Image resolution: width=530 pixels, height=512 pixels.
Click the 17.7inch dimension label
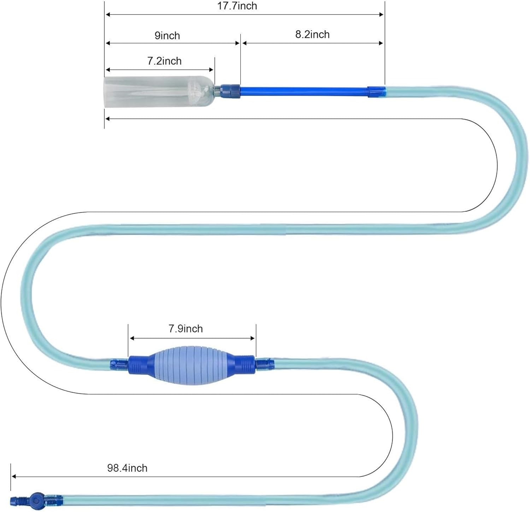[237, 6]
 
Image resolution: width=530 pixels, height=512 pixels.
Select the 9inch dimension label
[167, 35]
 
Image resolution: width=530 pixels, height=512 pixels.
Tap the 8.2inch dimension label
[312, 34]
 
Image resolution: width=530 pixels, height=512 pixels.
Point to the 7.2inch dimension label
[164, 61]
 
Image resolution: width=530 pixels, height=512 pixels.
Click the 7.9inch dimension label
[185, 329]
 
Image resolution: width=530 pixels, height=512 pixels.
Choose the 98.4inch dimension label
[127, 468]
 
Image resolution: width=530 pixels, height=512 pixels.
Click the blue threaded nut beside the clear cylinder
[230, 91]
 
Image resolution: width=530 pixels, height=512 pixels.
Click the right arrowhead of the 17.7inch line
[381, 14]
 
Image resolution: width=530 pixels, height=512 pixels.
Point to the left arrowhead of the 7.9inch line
[132, 338]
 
